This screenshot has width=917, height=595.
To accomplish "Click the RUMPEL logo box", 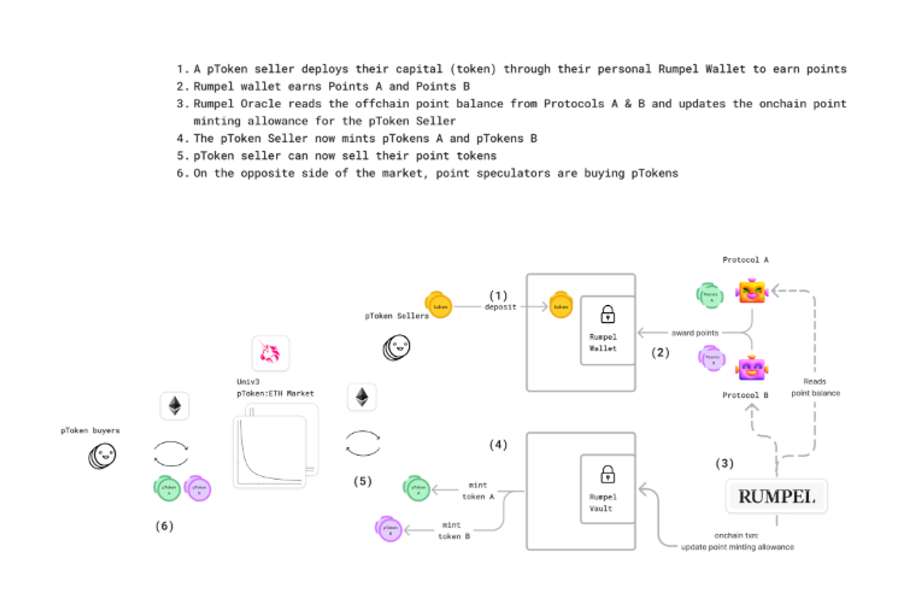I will [x=776, y=497].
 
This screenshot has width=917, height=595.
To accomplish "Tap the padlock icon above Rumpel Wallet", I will [x=607, y=314].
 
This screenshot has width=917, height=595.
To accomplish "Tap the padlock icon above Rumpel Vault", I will [x=607, y=474].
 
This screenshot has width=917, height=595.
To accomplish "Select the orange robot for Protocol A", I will [x=752, y=291].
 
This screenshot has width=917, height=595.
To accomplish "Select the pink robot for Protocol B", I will [x=752, y=368].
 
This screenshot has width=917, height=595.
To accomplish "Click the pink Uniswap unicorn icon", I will [x=270, y=353].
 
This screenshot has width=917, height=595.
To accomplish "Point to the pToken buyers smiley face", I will [x=103, y=456].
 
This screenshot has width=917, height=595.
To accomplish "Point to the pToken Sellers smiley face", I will [x=397, y=347].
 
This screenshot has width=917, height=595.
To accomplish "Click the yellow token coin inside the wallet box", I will [x=561, y=305].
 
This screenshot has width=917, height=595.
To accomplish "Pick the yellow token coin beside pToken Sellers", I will [x=439, y=305].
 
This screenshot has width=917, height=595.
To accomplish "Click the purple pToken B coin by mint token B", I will [x=389, y=529].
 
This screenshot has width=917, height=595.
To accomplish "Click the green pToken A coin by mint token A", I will [x=417, y=488].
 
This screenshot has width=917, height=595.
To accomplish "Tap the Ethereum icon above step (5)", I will [x=362, y=397].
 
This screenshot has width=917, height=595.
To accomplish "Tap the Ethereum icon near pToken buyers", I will [x=175, y=406].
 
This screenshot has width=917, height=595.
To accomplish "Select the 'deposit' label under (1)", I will [x=500, y=307].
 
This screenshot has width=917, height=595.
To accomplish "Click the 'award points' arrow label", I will [x=694, y=333].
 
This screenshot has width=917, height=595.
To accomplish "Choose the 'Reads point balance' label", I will [x=815, y=387].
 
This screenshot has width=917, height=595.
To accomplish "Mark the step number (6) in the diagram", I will [x=164, y=526].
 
